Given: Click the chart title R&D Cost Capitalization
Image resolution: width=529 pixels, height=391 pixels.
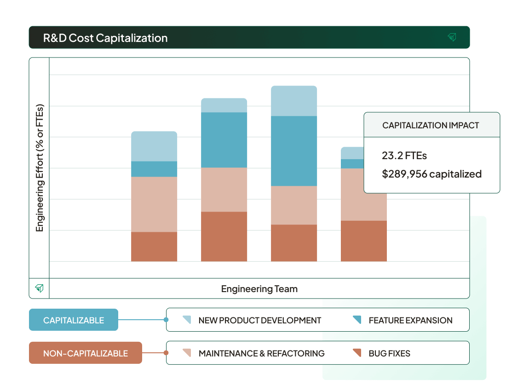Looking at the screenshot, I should [105, 38].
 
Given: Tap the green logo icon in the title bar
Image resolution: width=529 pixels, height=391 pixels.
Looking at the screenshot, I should [452, 37].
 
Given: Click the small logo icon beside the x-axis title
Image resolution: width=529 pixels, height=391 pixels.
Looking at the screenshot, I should [39, 288].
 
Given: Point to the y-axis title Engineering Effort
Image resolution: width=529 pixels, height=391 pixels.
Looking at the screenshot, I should [40, 168].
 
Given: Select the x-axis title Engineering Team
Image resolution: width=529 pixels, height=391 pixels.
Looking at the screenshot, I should [259, 289].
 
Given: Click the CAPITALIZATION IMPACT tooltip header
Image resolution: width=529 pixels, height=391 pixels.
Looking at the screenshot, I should [431, 125].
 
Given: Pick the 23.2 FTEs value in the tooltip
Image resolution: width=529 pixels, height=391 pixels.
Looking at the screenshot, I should [404, 155].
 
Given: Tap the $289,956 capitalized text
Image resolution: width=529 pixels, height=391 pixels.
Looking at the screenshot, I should [431, 174].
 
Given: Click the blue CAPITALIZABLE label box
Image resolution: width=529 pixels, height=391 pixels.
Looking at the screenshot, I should [74, 320].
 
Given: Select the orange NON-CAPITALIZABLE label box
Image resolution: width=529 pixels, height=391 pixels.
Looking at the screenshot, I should [86, 353].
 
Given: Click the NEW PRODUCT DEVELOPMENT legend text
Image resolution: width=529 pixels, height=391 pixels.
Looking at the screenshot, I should [259, 320].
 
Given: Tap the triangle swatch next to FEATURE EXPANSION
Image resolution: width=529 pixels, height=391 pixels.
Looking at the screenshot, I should [356, 320].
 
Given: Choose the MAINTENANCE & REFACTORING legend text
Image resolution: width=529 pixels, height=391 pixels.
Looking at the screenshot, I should [261, 353].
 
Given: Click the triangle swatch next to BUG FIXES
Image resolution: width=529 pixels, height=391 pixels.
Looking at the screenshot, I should [356, 353].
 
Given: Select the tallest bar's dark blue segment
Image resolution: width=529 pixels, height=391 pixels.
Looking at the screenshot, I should [293, 151].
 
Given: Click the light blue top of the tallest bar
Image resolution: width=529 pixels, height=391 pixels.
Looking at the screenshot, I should [293, 101].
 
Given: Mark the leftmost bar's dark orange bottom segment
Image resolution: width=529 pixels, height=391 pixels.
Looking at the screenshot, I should [154, 247].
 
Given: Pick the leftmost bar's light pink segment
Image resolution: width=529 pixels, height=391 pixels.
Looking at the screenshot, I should [154, 204].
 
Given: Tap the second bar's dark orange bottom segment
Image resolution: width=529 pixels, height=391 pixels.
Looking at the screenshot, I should [224, 236].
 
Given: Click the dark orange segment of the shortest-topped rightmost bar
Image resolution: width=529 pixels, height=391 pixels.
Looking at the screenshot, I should [363, 241].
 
